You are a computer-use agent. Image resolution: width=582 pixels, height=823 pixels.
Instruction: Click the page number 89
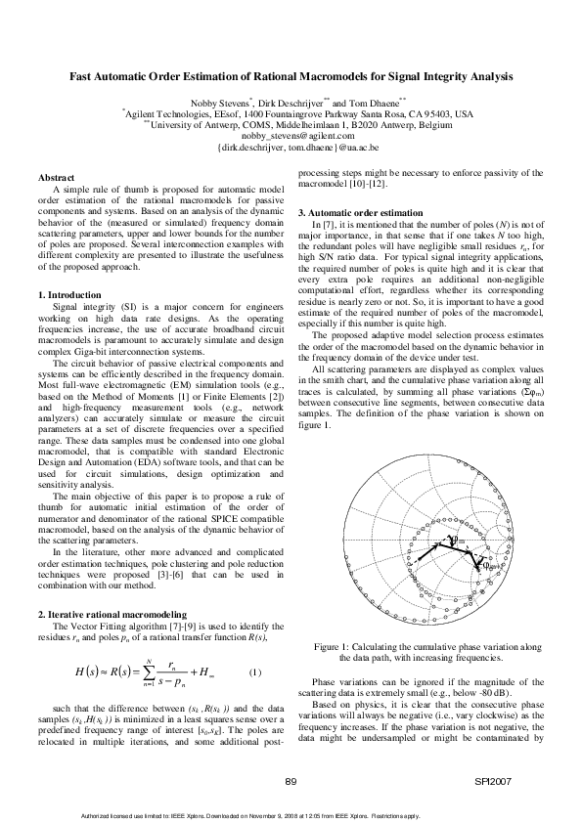(x=291, y=781)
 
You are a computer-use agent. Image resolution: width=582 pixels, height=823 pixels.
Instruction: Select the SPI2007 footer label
(x=501, y=781)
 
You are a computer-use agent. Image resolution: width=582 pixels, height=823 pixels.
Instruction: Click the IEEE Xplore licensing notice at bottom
(x=290, y=815)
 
